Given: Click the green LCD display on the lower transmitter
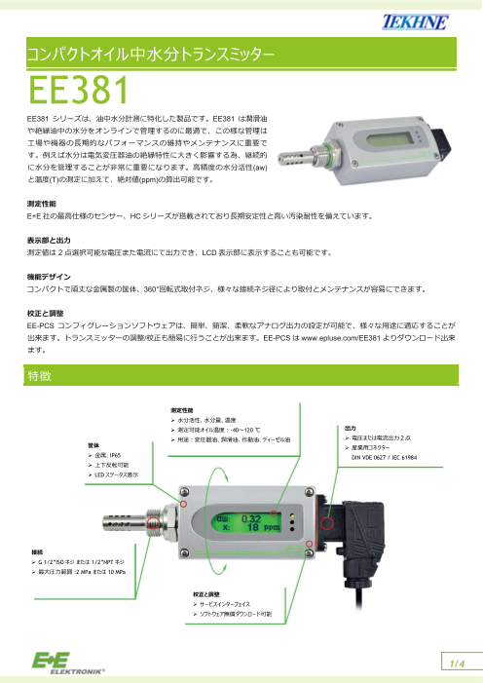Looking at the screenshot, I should tap(249, 524).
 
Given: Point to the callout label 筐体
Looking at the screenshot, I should tap(94, 444).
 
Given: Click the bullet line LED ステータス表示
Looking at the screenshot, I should tap(118, 474).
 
